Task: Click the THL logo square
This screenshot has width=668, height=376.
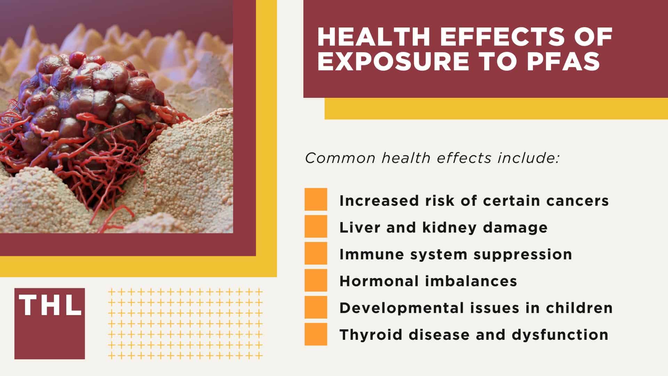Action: pos(49,323)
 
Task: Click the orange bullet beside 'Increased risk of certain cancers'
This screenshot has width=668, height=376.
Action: pos(316,199)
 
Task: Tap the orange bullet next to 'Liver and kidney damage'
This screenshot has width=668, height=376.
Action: pos(316,226)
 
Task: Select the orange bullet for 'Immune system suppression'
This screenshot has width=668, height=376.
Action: pos(316,253)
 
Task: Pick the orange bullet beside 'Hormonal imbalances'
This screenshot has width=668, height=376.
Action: pos(316,280)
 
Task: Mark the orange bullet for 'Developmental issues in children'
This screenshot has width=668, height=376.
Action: pos(316,307)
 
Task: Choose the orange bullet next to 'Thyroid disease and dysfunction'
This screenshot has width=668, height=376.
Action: pos(316,334)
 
